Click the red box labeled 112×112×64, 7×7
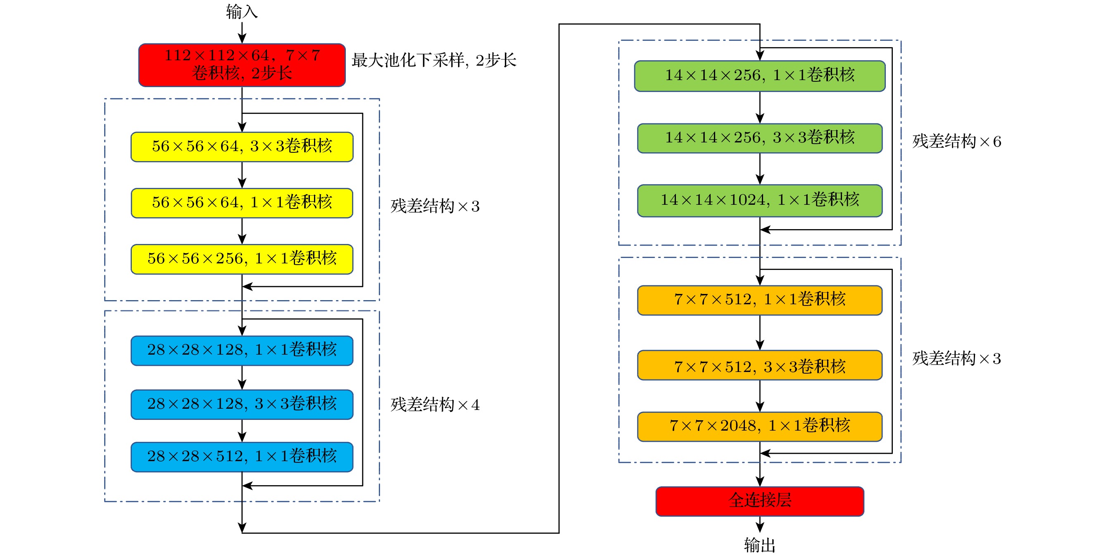pos(242,65)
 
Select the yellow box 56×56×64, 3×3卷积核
pos(242,147)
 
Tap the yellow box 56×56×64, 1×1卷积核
pos(242,203)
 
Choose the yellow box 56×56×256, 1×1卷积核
pos(242,259)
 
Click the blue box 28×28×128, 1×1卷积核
pos(242,351)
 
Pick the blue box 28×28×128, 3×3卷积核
pos(242,404)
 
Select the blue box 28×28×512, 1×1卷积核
pos(242,457)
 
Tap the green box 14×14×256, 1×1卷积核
pos(759,76)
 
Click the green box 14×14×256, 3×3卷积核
pos(759,138)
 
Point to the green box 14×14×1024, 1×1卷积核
pos(759,200)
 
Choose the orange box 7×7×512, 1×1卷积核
pos(759,300)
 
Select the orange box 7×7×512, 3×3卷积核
pos(759,365)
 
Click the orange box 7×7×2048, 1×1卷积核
pos(759,426)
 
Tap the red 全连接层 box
pos(759,501)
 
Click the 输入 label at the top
pos(242,12)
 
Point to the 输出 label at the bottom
pos(759,545)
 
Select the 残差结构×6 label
pos(956,142)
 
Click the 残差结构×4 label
pos(435,405)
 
